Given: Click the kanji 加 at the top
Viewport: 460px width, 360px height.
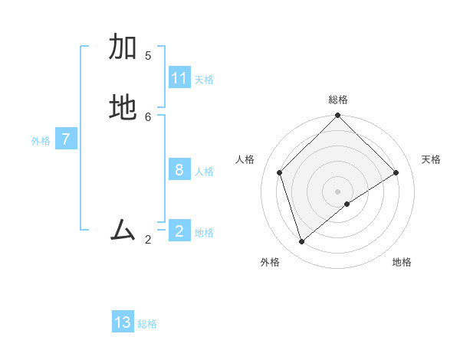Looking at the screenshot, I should point(123,47).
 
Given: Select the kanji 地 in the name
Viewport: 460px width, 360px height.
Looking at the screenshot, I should point(123,108).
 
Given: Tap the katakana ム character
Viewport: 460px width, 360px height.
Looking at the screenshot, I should point(123,230).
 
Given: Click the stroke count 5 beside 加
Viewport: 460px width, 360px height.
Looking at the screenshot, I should point(148,55).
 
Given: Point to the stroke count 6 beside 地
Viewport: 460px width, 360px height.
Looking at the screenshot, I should point(148,116).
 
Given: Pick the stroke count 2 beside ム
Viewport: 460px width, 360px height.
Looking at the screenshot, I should point(148,240).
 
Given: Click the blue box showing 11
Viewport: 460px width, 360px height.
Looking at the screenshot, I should point(179,78).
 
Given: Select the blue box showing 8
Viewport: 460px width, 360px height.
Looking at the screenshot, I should point(179,170).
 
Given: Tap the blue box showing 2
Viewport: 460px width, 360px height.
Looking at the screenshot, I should point(179,231).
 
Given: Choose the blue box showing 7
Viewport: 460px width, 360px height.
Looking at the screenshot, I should point(66,139).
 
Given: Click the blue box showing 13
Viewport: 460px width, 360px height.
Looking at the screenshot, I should point(123,322).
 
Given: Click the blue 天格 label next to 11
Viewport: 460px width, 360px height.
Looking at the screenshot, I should point(204,80).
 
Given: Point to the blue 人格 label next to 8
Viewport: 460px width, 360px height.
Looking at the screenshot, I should point(204,172).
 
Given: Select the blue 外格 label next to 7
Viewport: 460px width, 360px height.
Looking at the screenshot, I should point(41,141).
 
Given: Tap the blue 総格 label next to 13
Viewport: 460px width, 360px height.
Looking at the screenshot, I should point(147,324).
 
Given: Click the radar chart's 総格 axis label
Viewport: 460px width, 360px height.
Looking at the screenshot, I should point(338,100).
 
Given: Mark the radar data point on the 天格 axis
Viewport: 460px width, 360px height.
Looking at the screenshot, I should point(396,172).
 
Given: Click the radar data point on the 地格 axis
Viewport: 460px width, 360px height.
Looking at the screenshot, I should point(347,204).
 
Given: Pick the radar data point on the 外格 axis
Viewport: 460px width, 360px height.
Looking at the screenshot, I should point(302,241).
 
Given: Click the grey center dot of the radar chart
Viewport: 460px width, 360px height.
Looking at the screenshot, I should point(338,191).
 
